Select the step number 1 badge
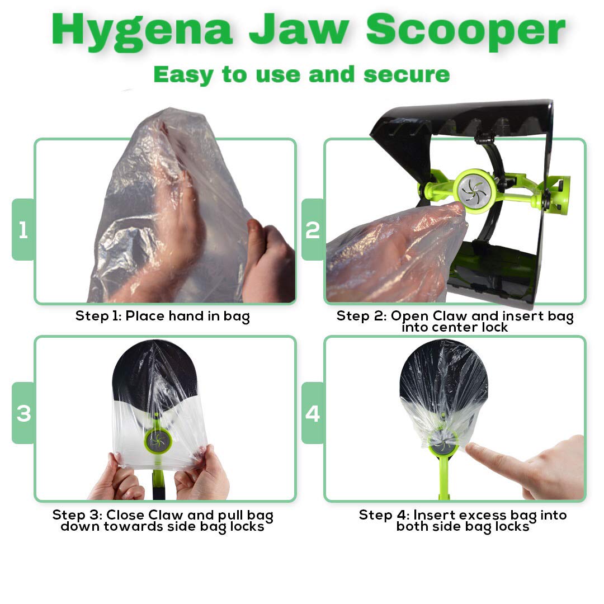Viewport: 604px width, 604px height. [23, 229]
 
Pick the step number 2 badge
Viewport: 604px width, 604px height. [313, 229]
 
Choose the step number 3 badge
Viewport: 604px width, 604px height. [23, 413]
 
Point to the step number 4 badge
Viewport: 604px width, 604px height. [313, 413]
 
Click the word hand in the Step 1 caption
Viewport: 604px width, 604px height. [185, 316]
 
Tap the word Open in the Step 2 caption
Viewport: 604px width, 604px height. [407, 316]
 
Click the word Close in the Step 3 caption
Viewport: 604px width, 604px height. [126, 515]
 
